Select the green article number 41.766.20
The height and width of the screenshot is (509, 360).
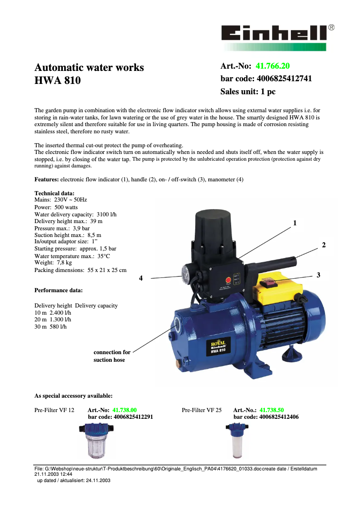[x=272, y=66]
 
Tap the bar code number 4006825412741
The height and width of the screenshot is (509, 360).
[x=284, y=79]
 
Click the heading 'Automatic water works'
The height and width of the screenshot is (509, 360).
[x=89, y=67]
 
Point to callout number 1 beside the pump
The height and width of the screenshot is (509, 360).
[x=295, y=223]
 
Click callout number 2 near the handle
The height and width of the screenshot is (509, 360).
[x=324, y=245]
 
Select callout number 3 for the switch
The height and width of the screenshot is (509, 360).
[x=318, y=274]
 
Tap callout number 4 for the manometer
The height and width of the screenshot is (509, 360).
[x=140, y=278]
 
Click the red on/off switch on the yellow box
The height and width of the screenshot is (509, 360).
[x=269, y=282]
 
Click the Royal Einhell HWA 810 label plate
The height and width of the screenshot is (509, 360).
[x=218, y=347]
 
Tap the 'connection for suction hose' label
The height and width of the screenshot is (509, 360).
[x=112, y=356]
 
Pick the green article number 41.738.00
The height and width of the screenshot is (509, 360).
[x=124, y=410]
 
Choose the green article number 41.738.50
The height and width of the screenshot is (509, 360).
[x=272, y=410]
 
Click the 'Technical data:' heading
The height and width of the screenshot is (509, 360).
[x=54, y=193]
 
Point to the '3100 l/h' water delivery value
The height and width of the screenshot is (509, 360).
[x=107, y=215]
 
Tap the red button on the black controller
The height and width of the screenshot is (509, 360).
[x=228, y=281]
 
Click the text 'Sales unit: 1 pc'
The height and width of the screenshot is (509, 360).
[x=248, y=92]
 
